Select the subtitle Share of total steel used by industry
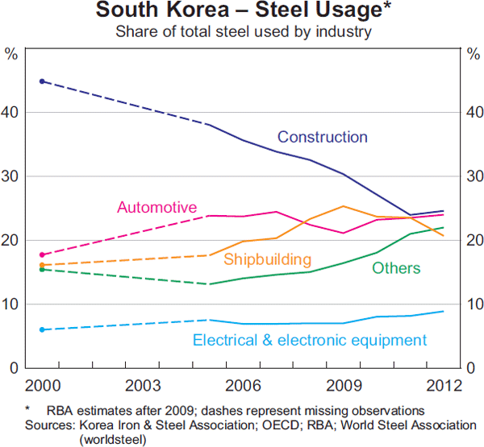(243, 32)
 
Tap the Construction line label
(322, 137)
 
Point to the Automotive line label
(156, 207)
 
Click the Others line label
(396, 267)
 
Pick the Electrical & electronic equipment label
(310, 340)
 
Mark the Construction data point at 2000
(41, 81)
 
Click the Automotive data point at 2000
(41, 255)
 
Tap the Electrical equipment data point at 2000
(41, 329)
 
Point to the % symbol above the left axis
(11, 54)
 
